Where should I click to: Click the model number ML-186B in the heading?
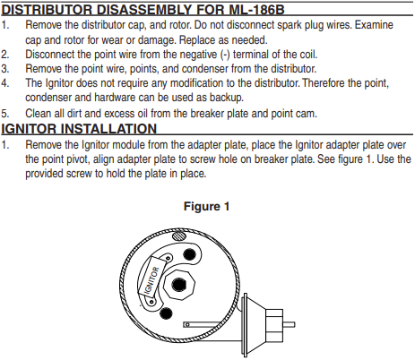tap(256, 10)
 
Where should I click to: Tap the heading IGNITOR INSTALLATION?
tap(79, 129)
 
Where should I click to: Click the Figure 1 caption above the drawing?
tap(206, 206)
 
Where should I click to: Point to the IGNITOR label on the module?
tap(151, 280)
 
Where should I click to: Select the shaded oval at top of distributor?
tap(179, 236)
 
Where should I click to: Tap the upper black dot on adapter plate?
tap(189, 254)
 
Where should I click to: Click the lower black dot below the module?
tap(166, 313)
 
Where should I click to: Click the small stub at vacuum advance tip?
tap(289, 324)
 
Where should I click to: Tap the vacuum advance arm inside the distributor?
tap(212, 324)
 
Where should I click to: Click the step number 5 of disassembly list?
tap(4, 114)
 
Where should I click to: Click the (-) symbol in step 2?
tap(225, 55)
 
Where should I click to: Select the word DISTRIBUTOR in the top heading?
tap(47, 10)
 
